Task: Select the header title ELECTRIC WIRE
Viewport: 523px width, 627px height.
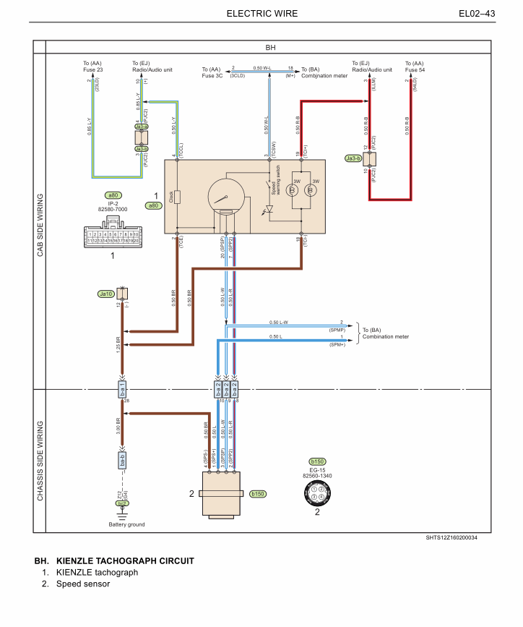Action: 261,14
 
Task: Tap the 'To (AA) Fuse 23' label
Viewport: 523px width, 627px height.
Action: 92,67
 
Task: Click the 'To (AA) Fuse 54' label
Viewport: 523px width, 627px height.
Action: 415,67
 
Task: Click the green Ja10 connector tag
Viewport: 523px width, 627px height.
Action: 106,294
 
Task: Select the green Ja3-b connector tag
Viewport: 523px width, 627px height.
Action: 353,158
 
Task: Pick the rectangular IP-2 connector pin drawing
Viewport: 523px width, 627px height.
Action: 112,236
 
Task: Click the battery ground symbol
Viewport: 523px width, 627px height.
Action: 123,515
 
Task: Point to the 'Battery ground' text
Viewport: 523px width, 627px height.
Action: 126,524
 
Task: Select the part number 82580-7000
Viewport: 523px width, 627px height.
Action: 113,209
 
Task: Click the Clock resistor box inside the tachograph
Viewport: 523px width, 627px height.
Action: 177,197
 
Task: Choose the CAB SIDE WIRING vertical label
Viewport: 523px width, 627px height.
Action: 40,224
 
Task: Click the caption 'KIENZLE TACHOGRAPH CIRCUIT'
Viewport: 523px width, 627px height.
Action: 124,561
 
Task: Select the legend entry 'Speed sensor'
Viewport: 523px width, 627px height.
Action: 83,584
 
